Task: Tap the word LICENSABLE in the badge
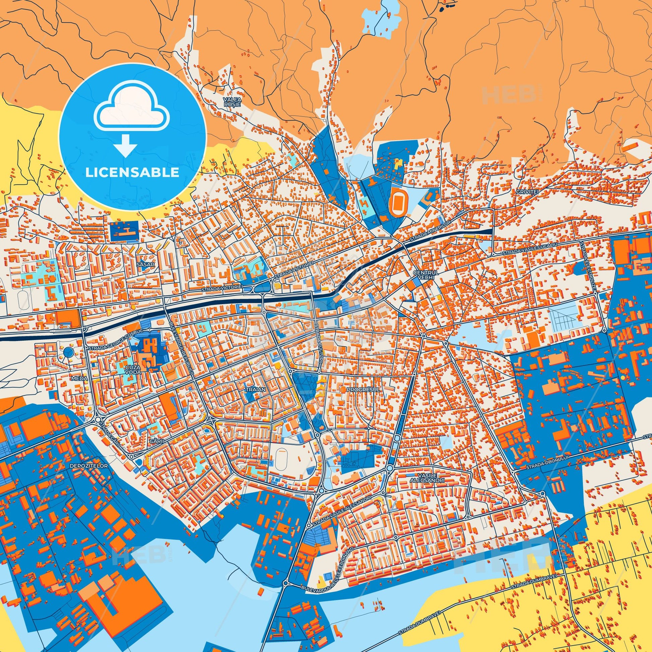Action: pyautogui.click(x=132, y=172)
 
